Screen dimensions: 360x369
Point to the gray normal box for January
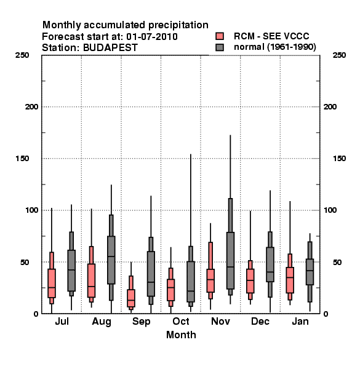310,272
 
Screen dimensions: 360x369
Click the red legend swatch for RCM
220,36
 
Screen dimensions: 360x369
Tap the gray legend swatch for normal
220,47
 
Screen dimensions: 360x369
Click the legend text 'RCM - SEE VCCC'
271,36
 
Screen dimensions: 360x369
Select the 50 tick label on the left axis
25,262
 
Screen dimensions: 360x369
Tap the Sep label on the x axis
142,322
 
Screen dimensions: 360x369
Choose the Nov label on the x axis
220,321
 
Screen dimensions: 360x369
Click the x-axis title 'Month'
181,335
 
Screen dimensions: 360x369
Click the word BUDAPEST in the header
110,47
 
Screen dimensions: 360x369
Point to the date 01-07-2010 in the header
152,37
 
